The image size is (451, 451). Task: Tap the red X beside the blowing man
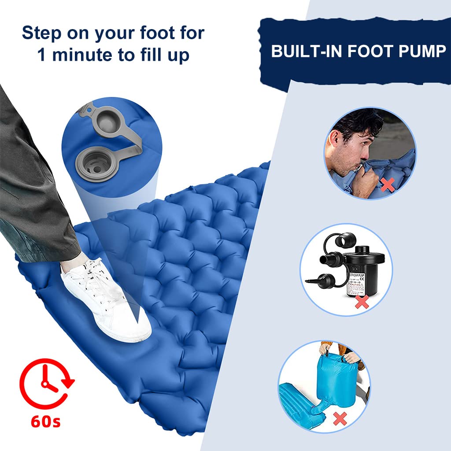tap(387, 185)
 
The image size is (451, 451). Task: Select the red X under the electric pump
tap(362, 302)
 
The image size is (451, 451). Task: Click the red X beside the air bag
tap(340, 418)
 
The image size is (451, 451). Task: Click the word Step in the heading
tap(42, 33)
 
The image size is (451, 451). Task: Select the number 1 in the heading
tap(42, 55)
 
